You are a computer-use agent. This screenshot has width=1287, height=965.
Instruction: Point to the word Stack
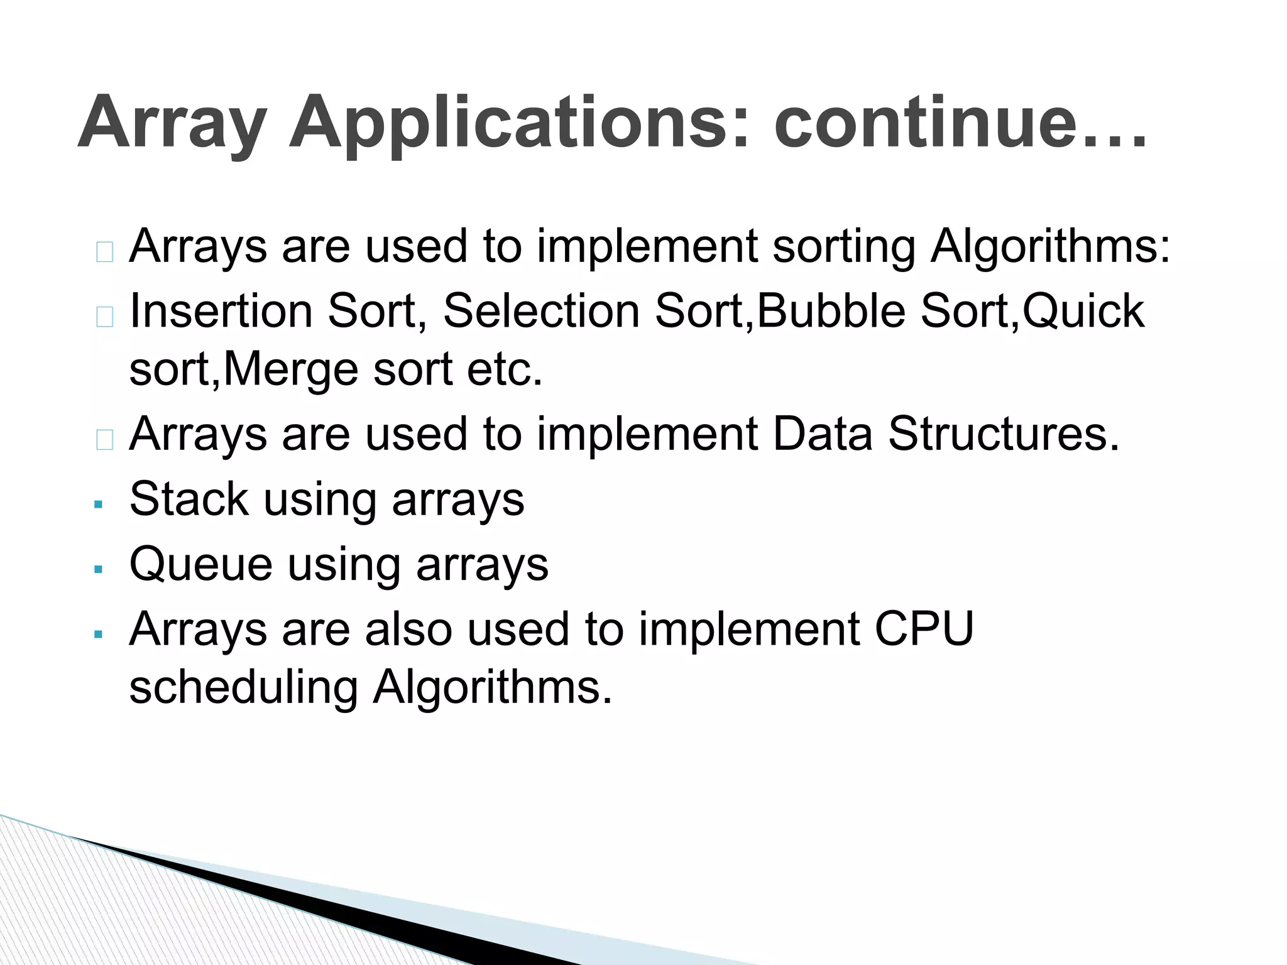pos(189,499)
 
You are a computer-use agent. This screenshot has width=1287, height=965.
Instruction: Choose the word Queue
pos(201,565)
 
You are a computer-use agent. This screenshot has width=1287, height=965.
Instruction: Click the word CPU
pos(923,628)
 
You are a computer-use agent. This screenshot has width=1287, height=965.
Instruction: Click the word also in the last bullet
pos(408,628)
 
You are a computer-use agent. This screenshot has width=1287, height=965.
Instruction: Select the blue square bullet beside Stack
pos(98,504)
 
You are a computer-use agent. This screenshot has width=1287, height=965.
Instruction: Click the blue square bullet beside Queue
pos(98,569)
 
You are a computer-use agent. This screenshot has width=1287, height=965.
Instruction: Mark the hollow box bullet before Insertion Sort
pos(105,317)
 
